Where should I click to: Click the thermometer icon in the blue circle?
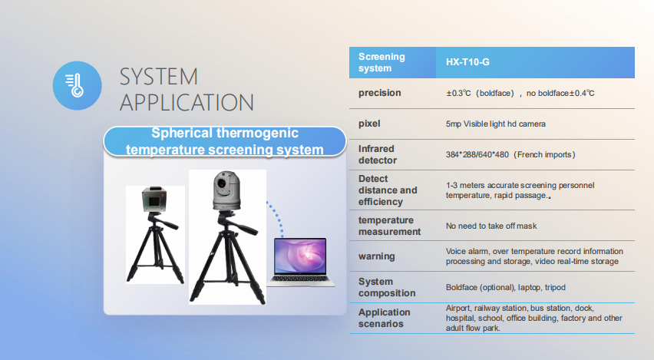[x=75, y=85]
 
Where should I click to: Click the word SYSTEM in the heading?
[x=158, y=77]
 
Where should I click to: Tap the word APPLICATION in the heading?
[x=187, y=103]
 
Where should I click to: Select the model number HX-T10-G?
[x=467, y=62]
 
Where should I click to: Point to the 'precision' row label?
[x=379, y=93]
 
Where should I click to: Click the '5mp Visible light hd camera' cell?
[x=496, y=124]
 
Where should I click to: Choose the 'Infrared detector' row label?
[x=378, y=154]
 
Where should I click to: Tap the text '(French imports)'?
[x=544, y=155]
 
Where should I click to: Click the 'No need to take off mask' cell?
[x=491, y=226]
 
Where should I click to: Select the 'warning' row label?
[x=376, y=256]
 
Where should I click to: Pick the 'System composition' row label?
[x=387, y=287]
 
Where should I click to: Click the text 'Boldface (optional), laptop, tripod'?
[x=506, y=287]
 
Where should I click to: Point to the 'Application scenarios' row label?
[x=384, y=318]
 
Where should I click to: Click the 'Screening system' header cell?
[x=381, y=62]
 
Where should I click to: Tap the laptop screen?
[x=300, y=256]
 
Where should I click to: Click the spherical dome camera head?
[x=226, y=190]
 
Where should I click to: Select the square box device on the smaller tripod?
[x=154, y=199]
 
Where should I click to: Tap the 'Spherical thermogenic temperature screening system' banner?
[x=225, y=141]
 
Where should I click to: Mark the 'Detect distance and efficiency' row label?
[x=388, y=190]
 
